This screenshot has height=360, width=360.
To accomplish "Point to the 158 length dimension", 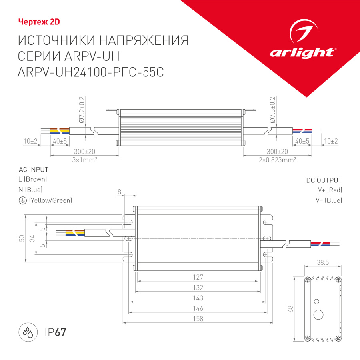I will [198, 319].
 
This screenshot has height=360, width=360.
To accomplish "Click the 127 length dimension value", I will [198, 277].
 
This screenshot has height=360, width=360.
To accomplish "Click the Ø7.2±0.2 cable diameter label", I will [82, 109].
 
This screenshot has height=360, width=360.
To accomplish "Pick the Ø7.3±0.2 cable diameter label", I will [272, 109].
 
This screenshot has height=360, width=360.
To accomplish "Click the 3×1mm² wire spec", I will [84, 159].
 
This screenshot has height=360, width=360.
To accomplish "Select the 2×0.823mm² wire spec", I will [277, 159].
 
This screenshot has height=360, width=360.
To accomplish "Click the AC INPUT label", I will [34, 169].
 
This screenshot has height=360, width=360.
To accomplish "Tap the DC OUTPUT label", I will [324, 180].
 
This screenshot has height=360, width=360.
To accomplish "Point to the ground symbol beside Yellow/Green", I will [22, 200].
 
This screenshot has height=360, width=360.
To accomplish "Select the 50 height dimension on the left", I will [21, 238].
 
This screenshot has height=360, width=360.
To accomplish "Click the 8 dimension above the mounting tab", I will [119, 192].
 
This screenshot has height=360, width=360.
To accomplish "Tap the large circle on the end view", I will [318, 315].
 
